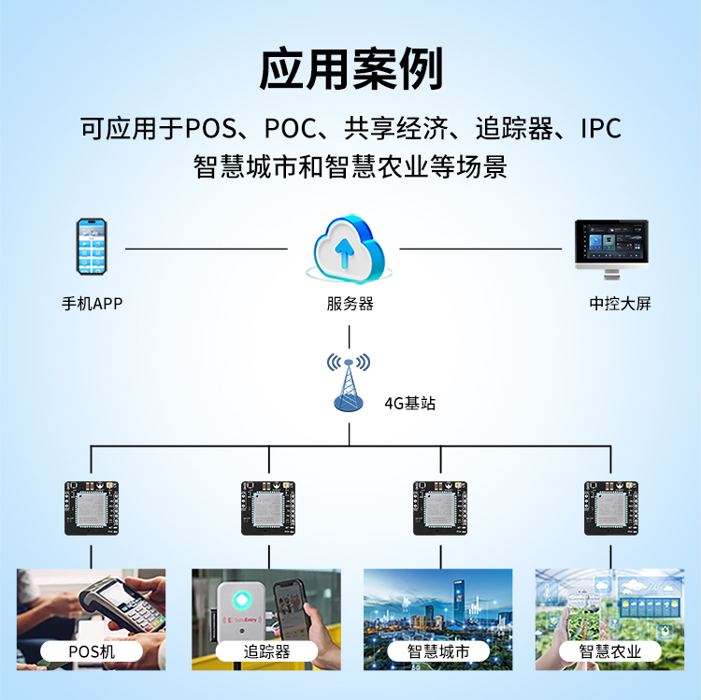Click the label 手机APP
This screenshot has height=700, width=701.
tap(92, 304)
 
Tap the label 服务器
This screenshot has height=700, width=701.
tap(350, 304)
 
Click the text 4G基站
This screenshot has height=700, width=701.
tap(409, 404)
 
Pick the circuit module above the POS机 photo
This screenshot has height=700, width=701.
tap(92, 507)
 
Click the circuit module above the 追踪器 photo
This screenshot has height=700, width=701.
tap(269, 507)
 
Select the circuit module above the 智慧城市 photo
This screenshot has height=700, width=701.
tap(440, 507)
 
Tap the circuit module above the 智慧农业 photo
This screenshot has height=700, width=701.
tap(611, 507)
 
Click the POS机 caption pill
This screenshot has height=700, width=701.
tap(92, 651)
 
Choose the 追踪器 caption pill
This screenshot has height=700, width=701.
tap(267, 651)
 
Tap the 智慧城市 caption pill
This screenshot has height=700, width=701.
tap(438, 651)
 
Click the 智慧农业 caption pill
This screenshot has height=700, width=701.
tap(610, 651)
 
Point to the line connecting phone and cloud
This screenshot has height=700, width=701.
tap(206, 250)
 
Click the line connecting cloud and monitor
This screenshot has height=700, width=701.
tap(480, 250)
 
